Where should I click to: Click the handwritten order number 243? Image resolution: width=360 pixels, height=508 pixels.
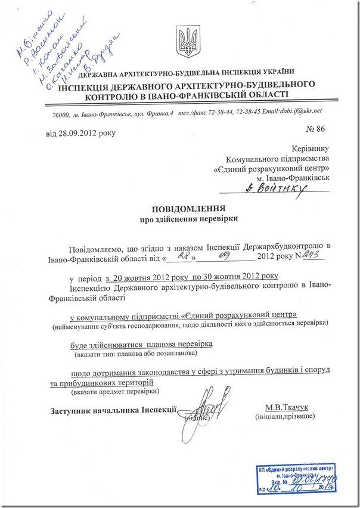coord(314,255)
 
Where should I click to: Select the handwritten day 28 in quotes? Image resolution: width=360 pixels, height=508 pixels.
coord(180,256)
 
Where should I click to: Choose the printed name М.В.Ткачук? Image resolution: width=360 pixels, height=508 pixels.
coord(288,407)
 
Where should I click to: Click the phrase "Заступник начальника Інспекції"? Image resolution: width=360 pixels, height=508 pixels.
coord(113,410)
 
